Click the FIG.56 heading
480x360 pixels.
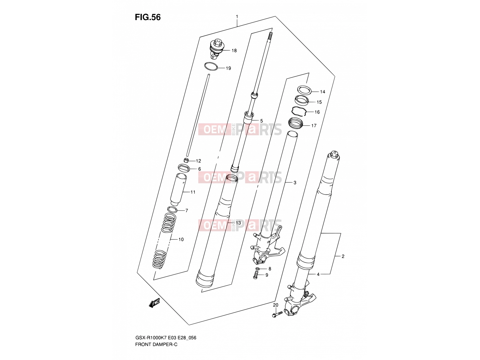click(148, 17)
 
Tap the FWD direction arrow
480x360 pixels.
click(154, 303)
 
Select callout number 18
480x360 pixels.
click(234, 51)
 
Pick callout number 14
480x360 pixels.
click(322, 92)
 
